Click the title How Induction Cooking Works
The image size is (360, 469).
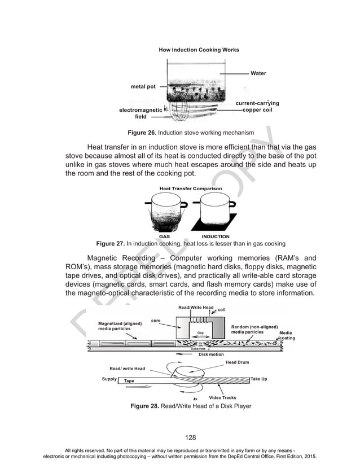pos(199,50)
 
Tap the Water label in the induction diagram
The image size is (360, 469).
pos(258,73)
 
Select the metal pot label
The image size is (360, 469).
pos(143,87)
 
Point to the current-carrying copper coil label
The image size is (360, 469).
pos(257,107)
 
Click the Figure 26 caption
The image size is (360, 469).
pos(190,132)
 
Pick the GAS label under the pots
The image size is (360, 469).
pos(164,236)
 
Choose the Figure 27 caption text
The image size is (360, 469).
pos(191,243)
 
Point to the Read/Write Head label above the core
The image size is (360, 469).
pos(196,307)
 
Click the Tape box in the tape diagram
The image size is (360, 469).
pos(130,381)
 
